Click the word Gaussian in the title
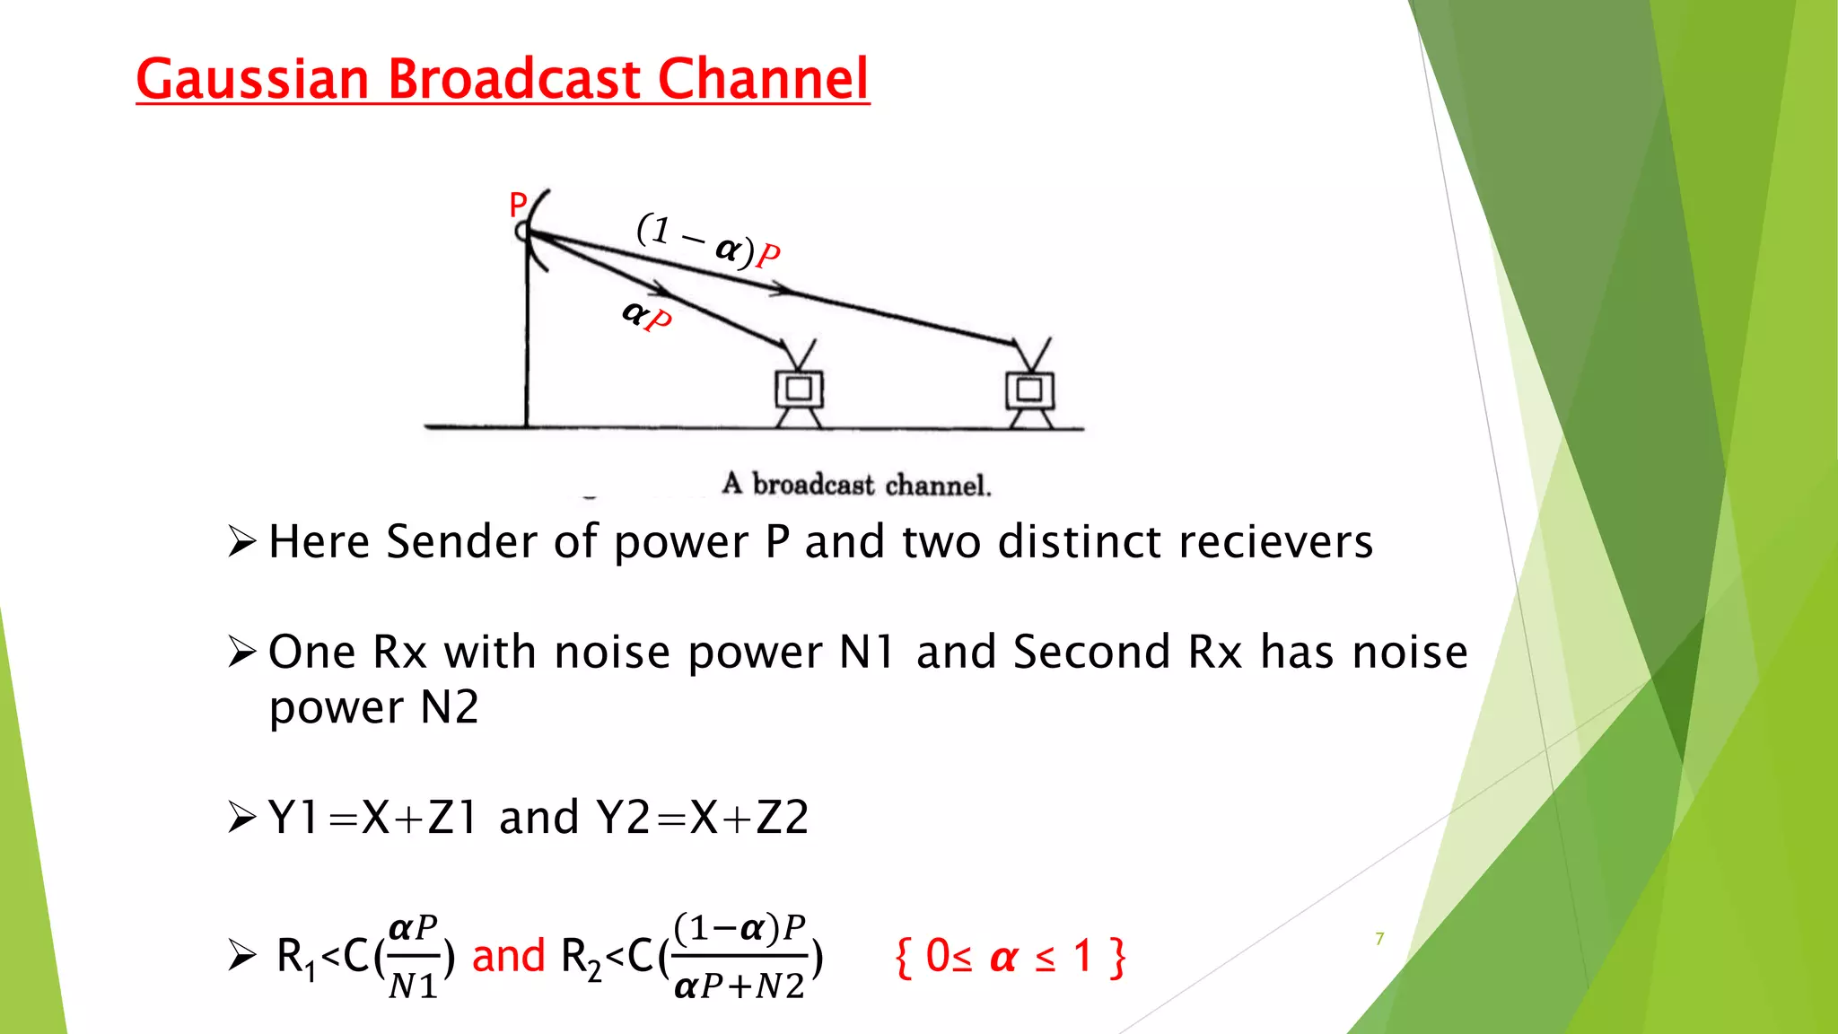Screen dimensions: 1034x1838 coord(252,79)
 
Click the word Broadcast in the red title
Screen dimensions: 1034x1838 coord(514,79)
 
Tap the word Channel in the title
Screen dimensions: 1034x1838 coord(763,79)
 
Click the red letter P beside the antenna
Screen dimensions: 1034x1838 coord(517,205)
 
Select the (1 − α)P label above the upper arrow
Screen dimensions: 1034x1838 coord(708,241)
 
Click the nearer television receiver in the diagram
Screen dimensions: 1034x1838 coord(799,386)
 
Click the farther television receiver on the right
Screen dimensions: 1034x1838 coord(1029,386)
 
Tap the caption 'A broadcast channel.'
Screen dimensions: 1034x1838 coord(856,485)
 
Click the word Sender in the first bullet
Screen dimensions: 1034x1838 coord(463,542)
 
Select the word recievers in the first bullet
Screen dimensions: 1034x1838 coord(1275,542)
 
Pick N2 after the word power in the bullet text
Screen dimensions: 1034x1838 coord(450,708)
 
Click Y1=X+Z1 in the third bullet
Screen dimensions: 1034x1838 coord(372,818)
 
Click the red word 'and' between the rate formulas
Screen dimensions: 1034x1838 coord(508,956)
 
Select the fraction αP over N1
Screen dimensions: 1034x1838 coord(413,957)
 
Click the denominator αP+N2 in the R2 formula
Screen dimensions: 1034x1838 coord(740,986)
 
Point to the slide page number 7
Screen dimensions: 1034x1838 coord(1379,939)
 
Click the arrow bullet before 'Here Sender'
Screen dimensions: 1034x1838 coord(242,542)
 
